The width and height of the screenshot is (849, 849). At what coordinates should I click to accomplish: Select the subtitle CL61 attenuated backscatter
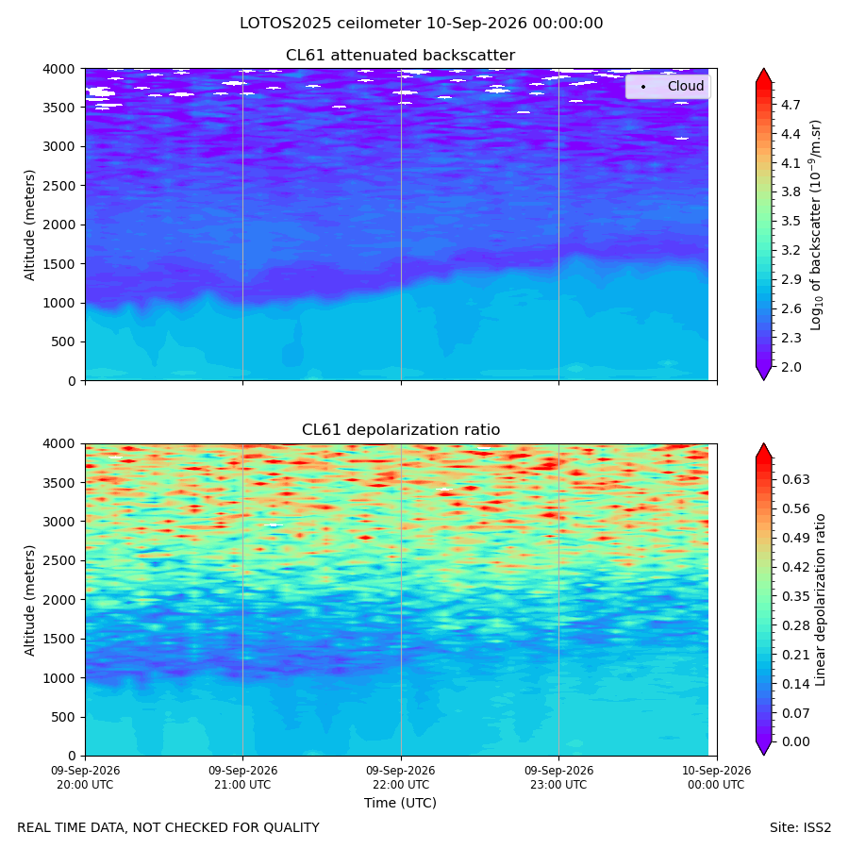400,56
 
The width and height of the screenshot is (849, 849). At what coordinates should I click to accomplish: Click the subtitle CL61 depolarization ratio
401,430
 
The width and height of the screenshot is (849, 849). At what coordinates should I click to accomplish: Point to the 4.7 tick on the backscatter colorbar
791,105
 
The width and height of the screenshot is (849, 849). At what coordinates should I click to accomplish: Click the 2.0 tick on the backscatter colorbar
791,367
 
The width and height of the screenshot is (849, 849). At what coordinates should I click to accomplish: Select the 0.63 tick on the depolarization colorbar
795,480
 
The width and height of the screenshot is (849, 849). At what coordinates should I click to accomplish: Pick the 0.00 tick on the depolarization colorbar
795,741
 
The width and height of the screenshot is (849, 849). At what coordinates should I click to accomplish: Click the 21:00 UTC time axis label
242,777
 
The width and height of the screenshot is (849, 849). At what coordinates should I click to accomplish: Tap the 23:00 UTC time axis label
558,777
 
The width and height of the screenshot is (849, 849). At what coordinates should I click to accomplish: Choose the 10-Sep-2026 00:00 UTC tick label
716,777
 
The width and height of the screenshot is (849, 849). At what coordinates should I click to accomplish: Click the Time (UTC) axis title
400,803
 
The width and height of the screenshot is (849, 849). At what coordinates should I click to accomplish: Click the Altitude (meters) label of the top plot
29,225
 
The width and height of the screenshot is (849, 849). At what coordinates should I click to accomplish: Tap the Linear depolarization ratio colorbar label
820,600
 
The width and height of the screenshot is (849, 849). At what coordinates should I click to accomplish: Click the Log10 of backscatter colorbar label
815,225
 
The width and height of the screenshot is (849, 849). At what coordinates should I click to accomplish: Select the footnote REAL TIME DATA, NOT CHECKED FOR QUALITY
169,828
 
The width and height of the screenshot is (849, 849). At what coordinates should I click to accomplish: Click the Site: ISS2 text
800,828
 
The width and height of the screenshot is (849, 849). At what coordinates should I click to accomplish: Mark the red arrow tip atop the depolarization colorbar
763,444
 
